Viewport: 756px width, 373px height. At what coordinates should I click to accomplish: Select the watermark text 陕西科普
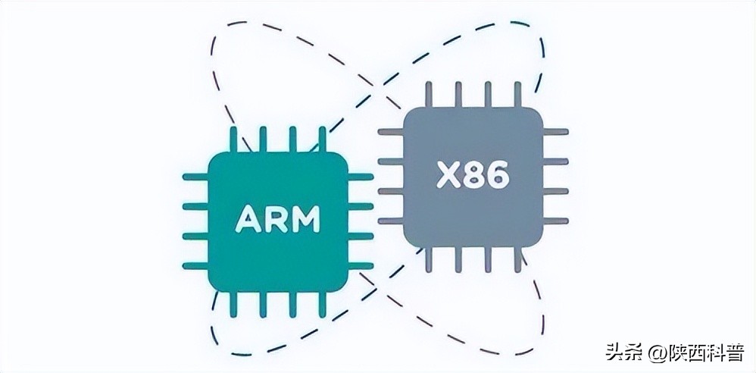[x=704, y=353]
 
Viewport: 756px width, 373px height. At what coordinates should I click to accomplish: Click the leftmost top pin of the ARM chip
[x=233, y=139]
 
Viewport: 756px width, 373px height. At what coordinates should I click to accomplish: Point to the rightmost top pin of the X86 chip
[x=518, y=94]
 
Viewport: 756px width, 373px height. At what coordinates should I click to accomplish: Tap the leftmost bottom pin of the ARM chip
[x=233, y=304]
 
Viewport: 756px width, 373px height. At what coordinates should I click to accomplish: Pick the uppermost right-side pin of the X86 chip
[x=556, y=131]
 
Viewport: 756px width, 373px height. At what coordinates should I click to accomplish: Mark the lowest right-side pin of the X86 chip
[x=556, y=221]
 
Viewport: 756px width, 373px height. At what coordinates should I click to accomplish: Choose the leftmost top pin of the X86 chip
[x=428, y=94]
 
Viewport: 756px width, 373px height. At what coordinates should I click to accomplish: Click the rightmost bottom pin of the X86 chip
[x=518, y=259]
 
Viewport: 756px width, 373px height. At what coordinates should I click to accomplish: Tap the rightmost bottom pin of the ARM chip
[x=322, y=304]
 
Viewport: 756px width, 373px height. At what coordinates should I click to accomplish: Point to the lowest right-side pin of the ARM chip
[x=361, y=265]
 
